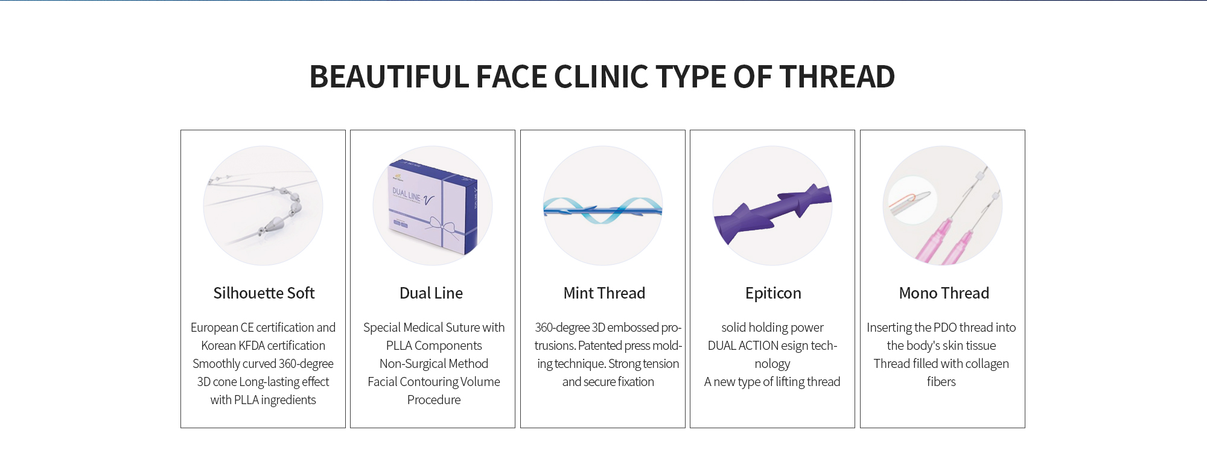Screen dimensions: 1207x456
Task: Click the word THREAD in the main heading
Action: pos(837,77)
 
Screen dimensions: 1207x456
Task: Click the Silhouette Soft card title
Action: pos(264,293)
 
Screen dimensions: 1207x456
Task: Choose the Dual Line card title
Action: pos(432,293)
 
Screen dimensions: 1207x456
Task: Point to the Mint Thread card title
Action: pos(604,293)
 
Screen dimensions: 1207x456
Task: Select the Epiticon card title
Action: pos(773,294)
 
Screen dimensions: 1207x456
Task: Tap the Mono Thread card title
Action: pos(944,293)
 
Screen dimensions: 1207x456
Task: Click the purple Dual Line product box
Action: pos(433,206)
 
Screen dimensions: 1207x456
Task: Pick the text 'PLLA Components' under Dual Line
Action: pos(434,346)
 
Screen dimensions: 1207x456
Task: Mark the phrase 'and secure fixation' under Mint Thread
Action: pos(608,382)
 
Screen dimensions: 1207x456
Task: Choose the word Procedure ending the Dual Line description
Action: pos(434,400)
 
